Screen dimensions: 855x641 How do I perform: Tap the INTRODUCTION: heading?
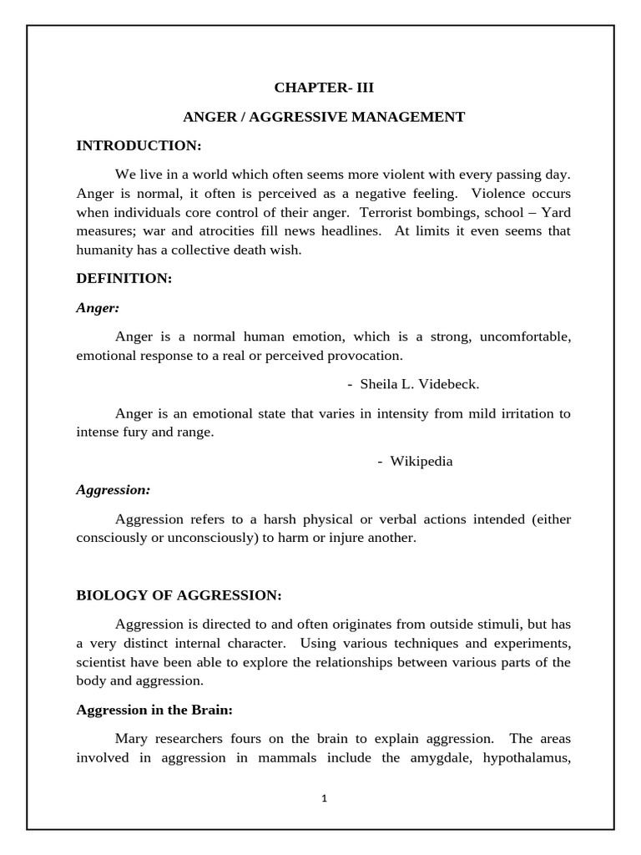[x=139, y=146]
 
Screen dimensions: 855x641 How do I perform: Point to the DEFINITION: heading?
[x=124, y=279]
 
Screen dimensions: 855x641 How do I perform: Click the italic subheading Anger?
[x=98, y=308]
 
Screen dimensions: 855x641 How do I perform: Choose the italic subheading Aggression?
[x=114, y=490]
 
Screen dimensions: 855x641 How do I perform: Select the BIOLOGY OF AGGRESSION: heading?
[x=179, y=595]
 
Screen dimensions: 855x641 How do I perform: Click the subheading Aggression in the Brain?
[x=154, y=710]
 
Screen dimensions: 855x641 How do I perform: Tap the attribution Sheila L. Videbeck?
[x=420, y=384]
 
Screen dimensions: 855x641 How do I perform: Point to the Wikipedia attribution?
[x=421, y=462]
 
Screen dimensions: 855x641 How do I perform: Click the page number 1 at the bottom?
[x=325, y=798]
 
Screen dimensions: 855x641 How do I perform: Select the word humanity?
[x=105, y=249]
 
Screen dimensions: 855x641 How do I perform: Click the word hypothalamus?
[x=518, y=757]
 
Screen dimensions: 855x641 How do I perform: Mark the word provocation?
[x=362, y=356]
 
